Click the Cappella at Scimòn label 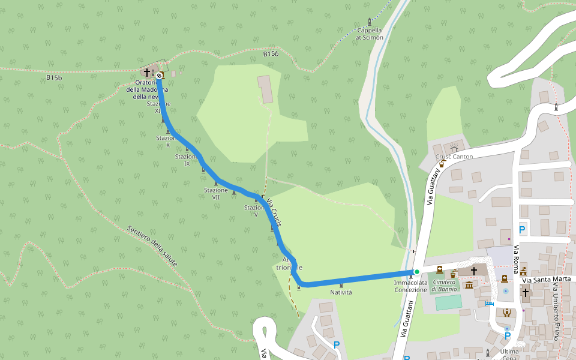point(369,34)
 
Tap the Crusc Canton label point(454,157)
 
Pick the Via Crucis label point(274,211)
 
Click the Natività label point(341,292)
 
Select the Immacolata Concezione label point(411,286)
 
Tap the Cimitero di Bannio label point(445,286)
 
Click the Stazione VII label point(216,194)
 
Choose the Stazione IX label point(187,160)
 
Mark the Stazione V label point(255,211)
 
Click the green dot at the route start point(416,272)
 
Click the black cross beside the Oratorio point(146,72)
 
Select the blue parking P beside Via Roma point(521,230)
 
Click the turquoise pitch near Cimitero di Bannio point(448,302)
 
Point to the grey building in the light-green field point(265,89)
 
